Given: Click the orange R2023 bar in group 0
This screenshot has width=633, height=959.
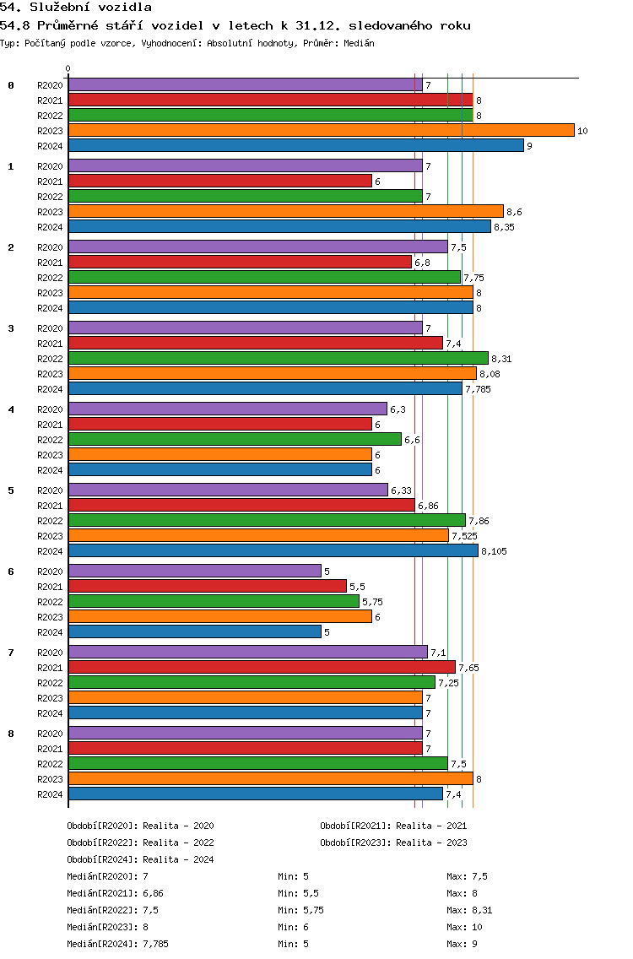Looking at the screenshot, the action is click(x=322, y=130).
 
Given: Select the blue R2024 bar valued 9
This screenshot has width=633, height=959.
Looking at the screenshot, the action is click(x=296, y=145).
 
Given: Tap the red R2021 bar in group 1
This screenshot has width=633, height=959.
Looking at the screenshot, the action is click(x=220, y=181).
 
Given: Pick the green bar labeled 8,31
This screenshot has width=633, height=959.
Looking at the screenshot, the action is click(x=279, y=359).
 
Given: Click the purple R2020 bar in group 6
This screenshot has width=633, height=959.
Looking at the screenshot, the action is click(x=195, y=572).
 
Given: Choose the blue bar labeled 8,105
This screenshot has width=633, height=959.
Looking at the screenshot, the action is click(x=273, y=551).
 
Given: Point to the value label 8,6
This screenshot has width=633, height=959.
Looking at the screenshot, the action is click(x=514, y=212).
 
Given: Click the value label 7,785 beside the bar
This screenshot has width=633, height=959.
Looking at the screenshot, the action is click(x=479, y=390).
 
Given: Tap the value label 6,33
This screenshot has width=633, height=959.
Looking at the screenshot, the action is click(x=401, y=490).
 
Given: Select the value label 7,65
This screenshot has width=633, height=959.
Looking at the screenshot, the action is click(x=469, y=668).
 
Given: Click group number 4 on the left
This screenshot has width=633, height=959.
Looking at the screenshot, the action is click(x=11, y=409).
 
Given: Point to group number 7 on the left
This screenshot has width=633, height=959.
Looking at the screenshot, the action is click(x=11, y=653).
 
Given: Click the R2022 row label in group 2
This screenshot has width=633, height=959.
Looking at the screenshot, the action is click(x=50, y=278).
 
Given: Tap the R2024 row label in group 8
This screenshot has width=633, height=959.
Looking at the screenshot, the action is click(x=50, y=794).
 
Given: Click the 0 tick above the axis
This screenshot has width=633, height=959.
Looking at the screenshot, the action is click(x=68, y=68).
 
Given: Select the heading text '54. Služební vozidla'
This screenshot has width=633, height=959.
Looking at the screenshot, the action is click(x=76, y=8).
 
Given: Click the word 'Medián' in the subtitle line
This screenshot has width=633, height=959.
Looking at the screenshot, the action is click(x=359, y=43).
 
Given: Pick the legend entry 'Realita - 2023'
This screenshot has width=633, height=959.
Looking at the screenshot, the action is click(x=431, y=843).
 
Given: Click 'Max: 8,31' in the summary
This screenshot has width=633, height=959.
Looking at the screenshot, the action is click(x=470, y=910).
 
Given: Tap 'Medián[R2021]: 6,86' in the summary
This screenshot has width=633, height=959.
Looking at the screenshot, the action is click(x=115, y=893).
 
